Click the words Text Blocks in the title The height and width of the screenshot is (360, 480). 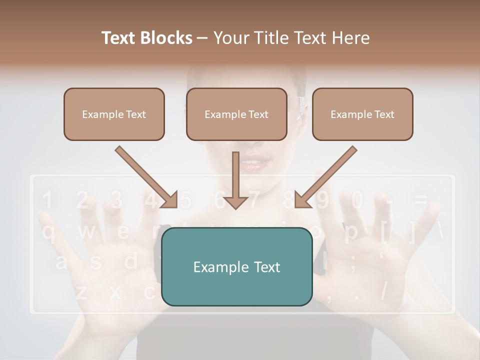147,38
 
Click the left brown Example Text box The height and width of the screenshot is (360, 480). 114,114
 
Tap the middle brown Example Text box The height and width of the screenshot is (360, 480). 236,114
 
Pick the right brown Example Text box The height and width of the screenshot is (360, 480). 362,114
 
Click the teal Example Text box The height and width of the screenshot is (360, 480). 236,266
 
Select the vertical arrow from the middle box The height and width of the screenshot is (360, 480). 235,180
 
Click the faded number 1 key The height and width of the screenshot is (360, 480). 46,200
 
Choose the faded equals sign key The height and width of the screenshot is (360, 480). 421,200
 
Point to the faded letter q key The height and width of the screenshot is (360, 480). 48,232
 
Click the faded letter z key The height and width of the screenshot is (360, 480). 81,293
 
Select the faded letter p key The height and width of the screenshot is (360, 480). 351,232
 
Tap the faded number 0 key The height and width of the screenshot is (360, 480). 357,200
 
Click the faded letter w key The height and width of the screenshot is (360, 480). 85,232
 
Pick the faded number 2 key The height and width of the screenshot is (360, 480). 82,200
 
